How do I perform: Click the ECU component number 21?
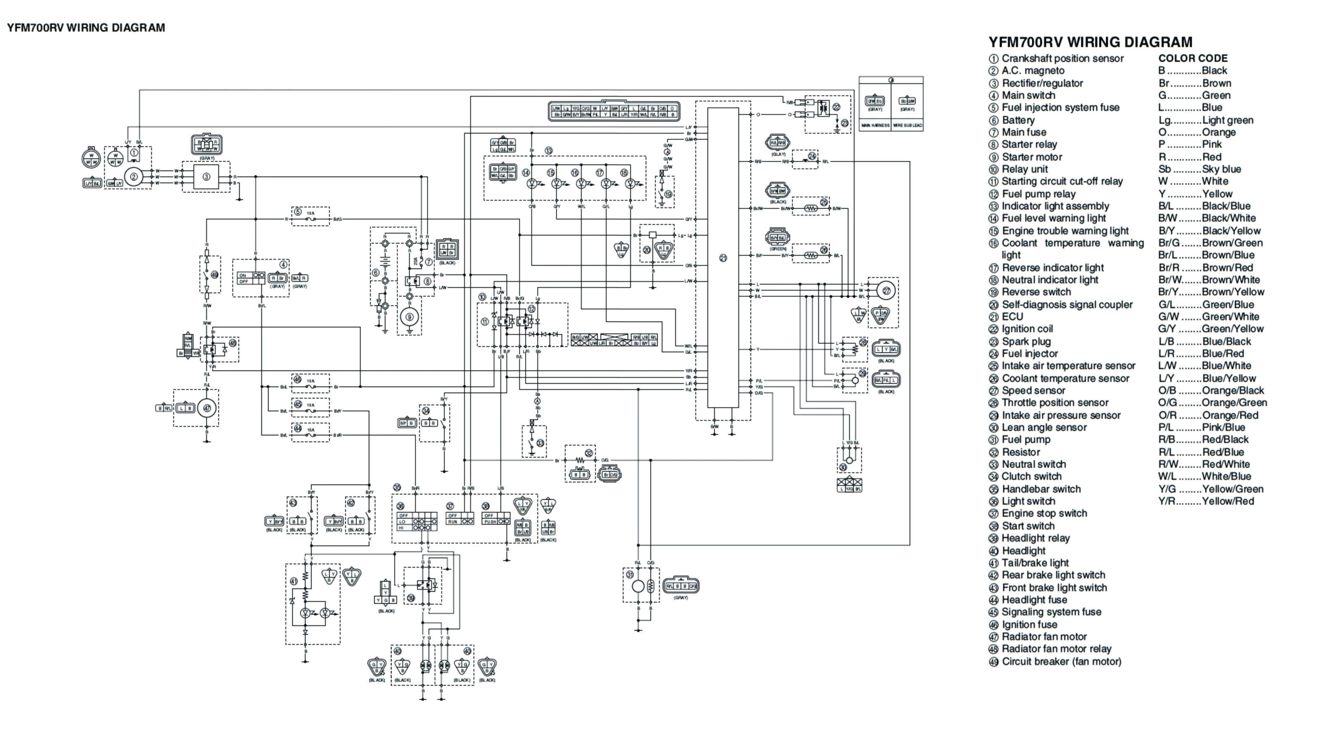click(722, 258)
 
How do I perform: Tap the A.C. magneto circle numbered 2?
click(133, 177)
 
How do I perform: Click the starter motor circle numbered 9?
click(410, 317)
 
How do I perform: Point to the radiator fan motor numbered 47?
click(207, 408)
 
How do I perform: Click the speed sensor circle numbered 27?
click(887, 291)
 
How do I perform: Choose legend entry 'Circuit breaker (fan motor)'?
click(1061, 662)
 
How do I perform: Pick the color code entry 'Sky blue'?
click(1221, 169)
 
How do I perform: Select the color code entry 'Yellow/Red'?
click(1227, 501)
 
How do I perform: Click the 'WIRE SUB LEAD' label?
click(907, 125)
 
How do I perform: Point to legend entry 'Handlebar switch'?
click(1041, 489)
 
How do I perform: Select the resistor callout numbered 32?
click(589, 453)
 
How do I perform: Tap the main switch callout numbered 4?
click(283, 265)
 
